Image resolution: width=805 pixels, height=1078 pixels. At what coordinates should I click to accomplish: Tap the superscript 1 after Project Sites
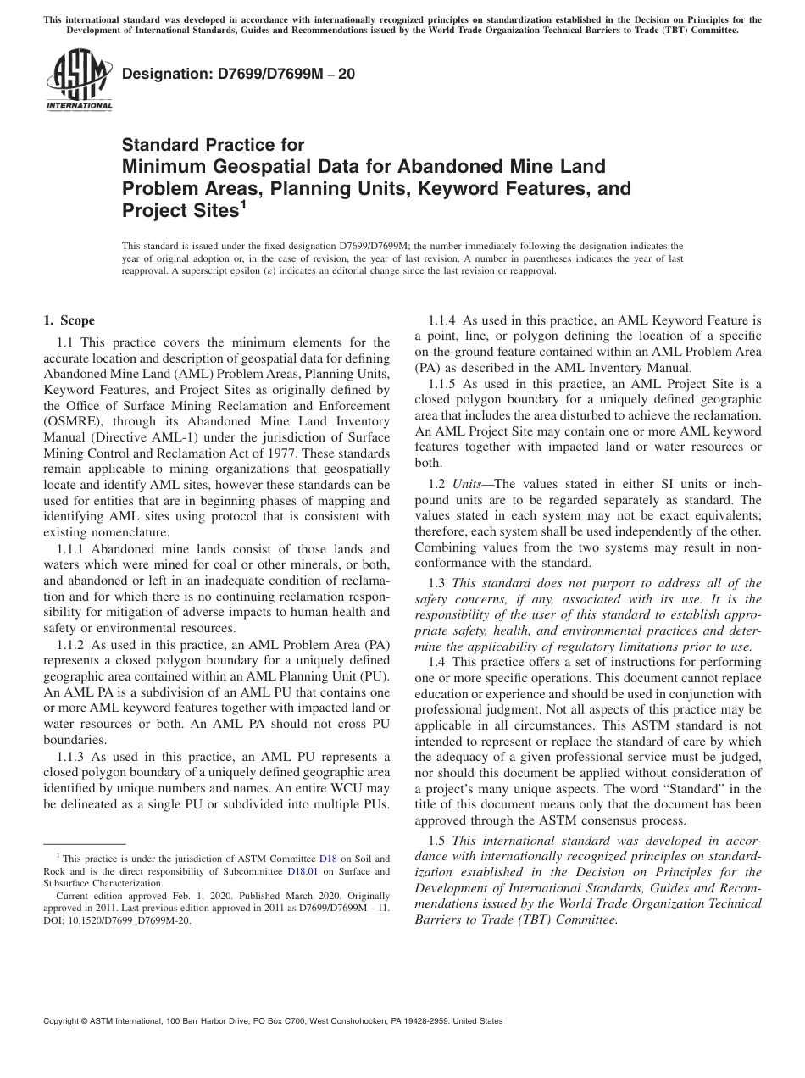[x=242, y=205]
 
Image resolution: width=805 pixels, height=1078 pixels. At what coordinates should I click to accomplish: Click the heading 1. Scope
[x=69, y=320]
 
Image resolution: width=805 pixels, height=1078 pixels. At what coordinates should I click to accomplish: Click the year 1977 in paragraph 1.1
[x=308, y=453]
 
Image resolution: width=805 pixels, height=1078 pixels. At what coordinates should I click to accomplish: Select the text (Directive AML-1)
[x=140, y=437]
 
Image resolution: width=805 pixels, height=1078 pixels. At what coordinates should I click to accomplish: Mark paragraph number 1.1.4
[x=444, y=320]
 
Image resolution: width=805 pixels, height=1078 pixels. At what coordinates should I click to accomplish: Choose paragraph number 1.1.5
[x=444, y=384]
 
